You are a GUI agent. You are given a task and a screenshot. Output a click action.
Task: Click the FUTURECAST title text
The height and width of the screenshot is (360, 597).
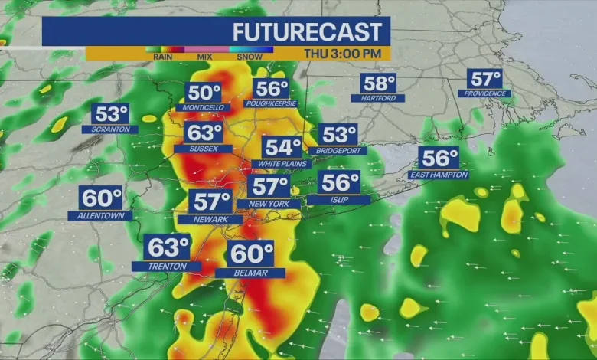tap(306, 32)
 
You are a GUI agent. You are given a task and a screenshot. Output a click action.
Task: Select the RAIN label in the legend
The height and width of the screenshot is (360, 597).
tap(161, 57)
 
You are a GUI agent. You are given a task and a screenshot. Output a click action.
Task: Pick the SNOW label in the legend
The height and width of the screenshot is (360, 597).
tap(250, 57)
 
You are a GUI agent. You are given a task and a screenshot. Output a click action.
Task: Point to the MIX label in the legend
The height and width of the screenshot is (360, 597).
tap(205, 57)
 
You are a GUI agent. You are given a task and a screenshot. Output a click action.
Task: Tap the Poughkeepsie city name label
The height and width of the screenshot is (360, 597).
tap(271, 103)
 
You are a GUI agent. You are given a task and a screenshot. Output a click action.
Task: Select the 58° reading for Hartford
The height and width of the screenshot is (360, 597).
tap(379, 83)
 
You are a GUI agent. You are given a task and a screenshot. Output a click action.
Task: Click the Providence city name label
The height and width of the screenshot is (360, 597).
tap(484, 93)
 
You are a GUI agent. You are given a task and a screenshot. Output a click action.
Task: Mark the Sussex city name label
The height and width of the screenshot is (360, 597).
tap(203, 149)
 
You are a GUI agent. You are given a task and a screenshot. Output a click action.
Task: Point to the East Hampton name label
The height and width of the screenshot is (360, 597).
tap(439, 175)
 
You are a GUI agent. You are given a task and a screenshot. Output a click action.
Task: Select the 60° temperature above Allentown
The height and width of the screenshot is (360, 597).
tap(101, 198)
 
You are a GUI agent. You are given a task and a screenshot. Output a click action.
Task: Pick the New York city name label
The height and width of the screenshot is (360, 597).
tap(269, 204)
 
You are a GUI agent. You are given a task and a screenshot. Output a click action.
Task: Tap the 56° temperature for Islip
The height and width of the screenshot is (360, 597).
tap(340, 183)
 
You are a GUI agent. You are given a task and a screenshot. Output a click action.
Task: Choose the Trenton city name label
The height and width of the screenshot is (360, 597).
tap(166, 266)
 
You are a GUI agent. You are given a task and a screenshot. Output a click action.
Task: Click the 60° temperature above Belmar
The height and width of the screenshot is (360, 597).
tap(251, 253)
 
